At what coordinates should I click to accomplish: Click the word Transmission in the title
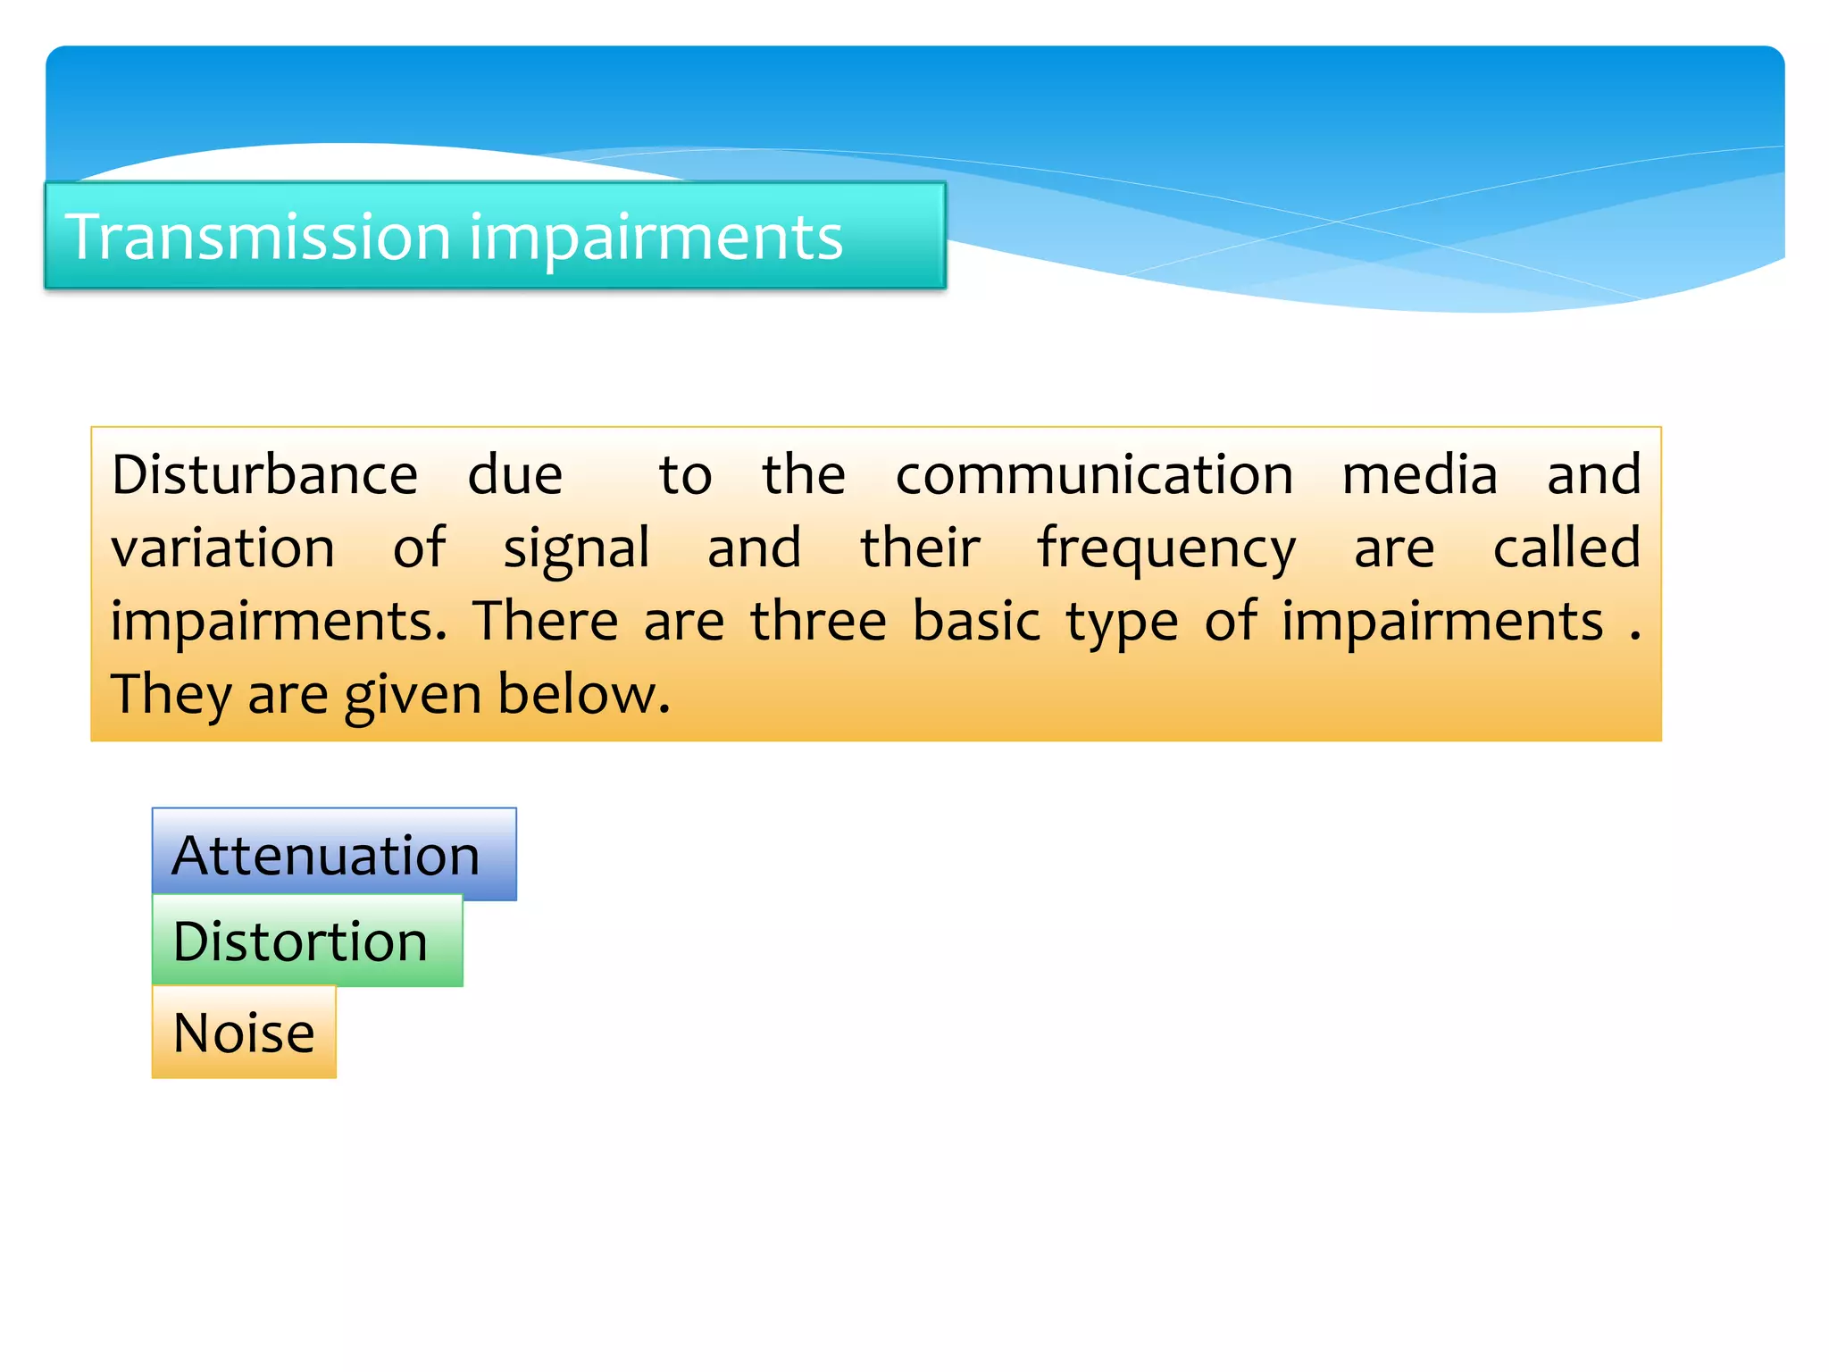pyautogui.click(x=257, y=238)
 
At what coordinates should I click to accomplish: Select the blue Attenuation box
pyautogui.click(x=334, y=855)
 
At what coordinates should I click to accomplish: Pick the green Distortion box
pyautogui.click(x=307, y=941)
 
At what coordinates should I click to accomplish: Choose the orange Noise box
pyautogui.click(x=244, y=1033)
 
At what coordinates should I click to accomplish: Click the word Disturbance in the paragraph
pyautogui.click(x=264, y=474)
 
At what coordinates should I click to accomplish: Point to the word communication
pyautogui.click(x=1094, y=474)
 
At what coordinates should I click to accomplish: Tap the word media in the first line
pyautogui.click(x=1420, y=474)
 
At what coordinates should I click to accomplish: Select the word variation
pyautogui.click(x=222, y=548)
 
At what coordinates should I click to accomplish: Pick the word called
pyautogui.click(x=1566, y=548)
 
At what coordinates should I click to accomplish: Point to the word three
pyautogui.click(x=818, y=621)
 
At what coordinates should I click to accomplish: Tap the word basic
pyautogui.click(x=976, y=621)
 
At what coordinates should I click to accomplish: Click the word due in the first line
pyautogui.click(x=515, y=474)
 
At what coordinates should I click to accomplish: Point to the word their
pyautogui.click(x=920, y=548)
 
